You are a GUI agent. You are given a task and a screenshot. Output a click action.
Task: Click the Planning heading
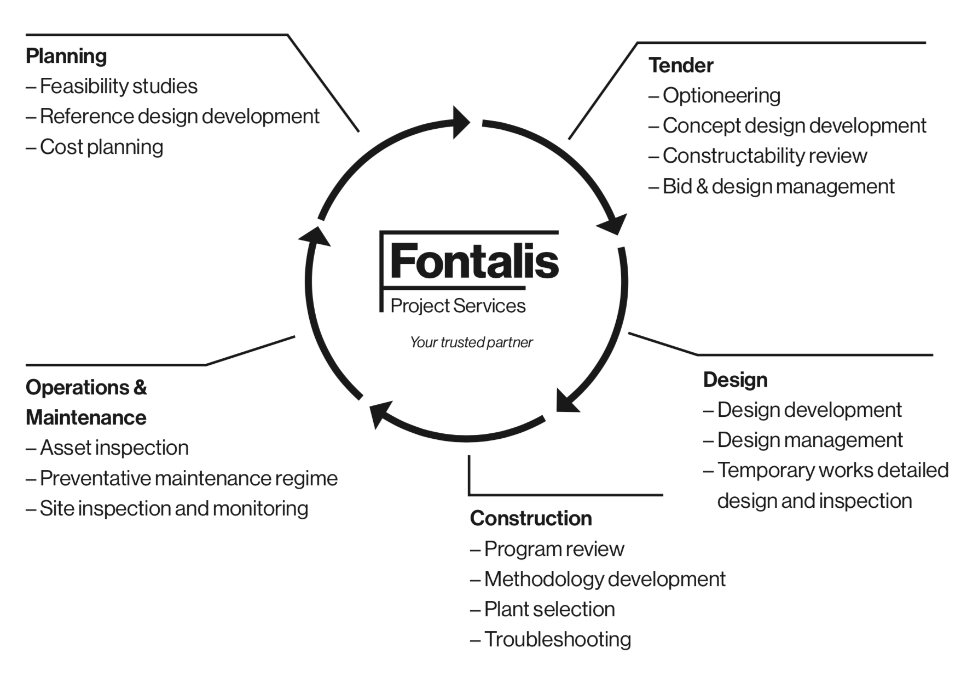[66, 56]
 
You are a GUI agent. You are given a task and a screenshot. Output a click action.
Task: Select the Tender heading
[681, 66]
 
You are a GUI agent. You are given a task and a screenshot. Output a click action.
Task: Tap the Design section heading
[735, 380]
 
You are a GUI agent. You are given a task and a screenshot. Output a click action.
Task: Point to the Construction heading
[531, 519]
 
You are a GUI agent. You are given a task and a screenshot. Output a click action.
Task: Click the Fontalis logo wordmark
[474, 261]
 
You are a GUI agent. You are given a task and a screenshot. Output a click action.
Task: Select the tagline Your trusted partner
[471, 343]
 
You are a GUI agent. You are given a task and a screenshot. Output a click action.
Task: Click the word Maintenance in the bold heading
[86, 418]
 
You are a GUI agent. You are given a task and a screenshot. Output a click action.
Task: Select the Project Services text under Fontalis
[458, 306]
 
